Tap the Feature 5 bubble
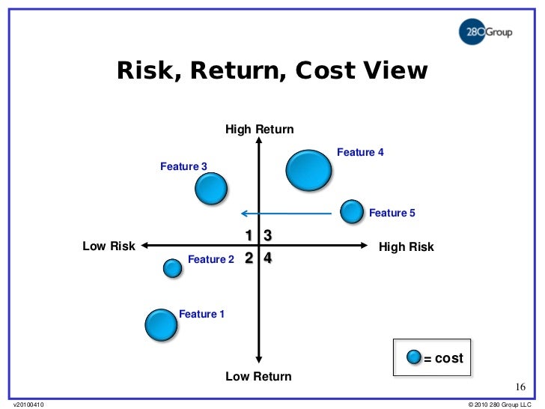[x=352, y=212]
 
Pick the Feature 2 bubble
[x=172, y=267]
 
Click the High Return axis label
[x=259, y=130]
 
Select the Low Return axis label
[x=258, y=376]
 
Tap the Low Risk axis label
[x=109, y=246]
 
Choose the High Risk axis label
[x=407, y=246]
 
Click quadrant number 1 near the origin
[x=249, y=236]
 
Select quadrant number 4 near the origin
[x=267, y=258]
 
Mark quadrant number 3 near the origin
[x=267, y=236]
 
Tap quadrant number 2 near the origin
[x=249, y=258]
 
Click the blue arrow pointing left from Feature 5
[x=284, y=213]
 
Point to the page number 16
[x=521, y=387]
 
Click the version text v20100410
[x=28, y=405]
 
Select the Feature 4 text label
[x=360, y=152]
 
